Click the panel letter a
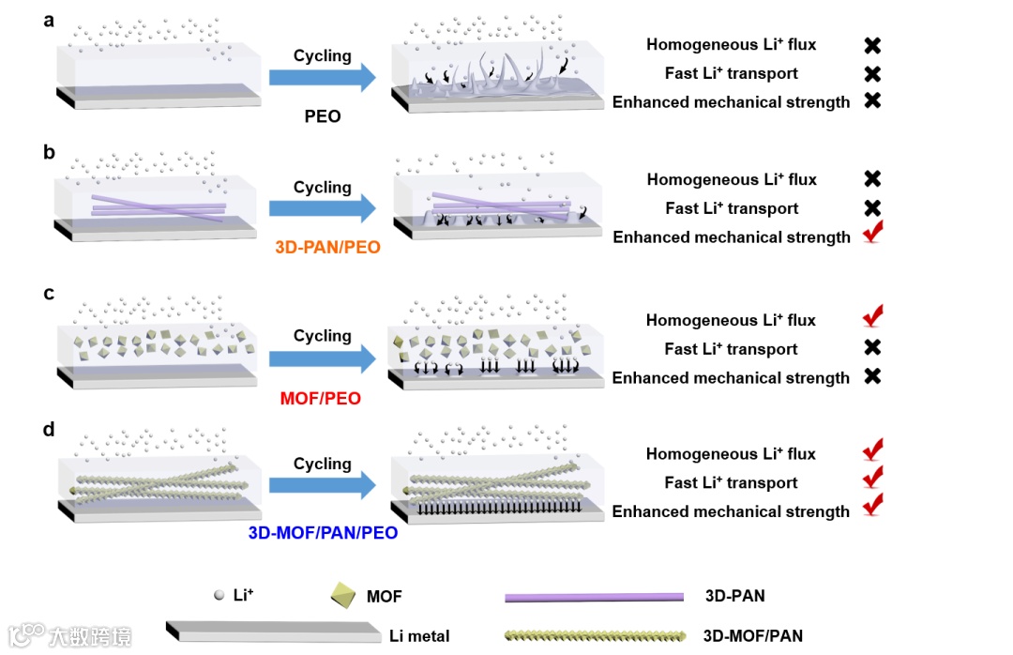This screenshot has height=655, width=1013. click(49, 20)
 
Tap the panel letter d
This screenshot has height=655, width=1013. click(49, 430)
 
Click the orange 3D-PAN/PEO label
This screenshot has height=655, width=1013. click(322, 248)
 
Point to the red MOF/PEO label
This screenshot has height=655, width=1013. click(322, 399)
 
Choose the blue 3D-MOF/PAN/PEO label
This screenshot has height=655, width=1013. click(323, 533)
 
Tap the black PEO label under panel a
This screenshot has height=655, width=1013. click(322, 117)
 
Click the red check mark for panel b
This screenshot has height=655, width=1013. click(872, 235)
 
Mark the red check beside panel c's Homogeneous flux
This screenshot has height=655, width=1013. click(872, 317)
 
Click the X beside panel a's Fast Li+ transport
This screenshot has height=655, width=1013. click(872, 73)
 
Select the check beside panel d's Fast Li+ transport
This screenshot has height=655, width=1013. click(872, 480)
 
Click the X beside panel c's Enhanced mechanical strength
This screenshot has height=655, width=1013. click(872, 377)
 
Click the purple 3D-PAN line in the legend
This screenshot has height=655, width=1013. click(594, 597)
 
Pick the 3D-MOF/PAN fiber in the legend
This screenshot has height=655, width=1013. click(594, 636)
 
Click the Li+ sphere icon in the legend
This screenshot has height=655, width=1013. click(219, 595)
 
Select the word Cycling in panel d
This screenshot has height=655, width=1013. click(322, 465)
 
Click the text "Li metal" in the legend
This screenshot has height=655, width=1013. click(419, 636)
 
